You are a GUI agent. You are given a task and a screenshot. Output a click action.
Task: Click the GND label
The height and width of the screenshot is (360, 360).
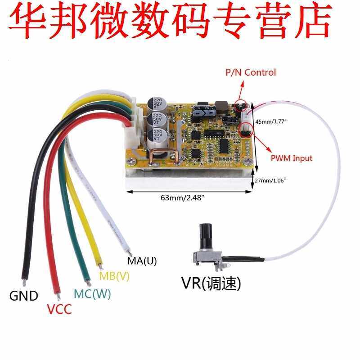[x=24, y=296]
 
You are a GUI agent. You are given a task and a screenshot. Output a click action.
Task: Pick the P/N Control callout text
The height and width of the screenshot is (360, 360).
[x=251, y=72]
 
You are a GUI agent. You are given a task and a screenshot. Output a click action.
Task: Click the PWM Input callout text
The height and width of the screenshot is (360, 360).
[x=291, y=158]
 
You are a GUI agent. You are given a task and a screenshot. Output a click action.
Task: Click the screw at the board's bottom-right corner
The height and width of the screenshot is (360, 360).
[x=246, y=161]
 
